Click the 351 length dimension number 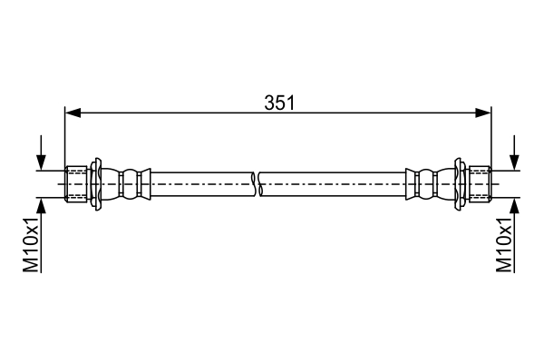(x=279, y=103)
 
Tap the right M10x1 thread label (x=504, y=245)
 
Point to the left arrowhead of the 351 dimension (x=73, y=113)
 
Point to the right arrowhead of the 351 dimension (x=483, y=113)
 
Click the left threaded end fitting (x=76, y=184)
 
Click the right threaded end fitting (x=480, y=184)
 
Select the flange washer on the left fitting (x=96, y=184)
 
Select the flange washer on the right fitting (x=460, y=184)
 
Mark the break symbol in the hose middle (x=257, y=184)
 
